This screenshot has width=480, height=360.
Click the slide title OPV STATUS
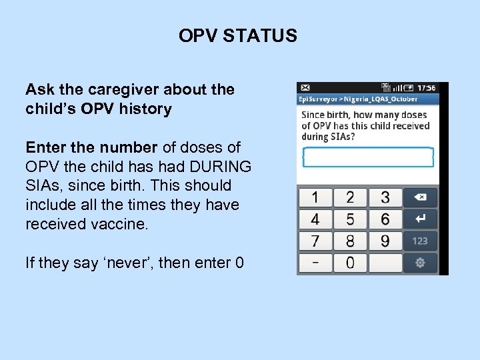click(x=237, y=36)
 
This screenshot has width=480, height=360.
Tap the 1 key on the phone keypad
click(x=315, y=198)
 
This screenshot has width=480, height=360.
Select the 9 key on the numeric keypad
click(x=385, y=241)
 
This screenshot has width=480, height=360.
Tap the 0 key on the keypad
click(x=350, y=262)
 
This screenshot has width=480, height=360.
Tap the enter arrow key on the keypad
click(x=420, y=219)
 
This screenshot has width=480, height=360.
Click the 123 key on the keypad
click(x=420, y=241)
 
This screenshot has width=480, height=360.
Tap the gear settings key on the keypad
click(x=420, y=263)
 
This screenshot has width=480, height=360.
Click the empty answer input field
click(x=368, y=157)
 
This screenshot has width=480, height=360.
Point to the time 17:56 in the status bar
click(x=426, y=87)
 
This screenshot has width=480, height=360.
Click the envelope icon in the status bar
click(x=305, y=87)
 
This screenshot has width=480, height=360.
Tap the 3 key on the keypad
click(x=385, y=198)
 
